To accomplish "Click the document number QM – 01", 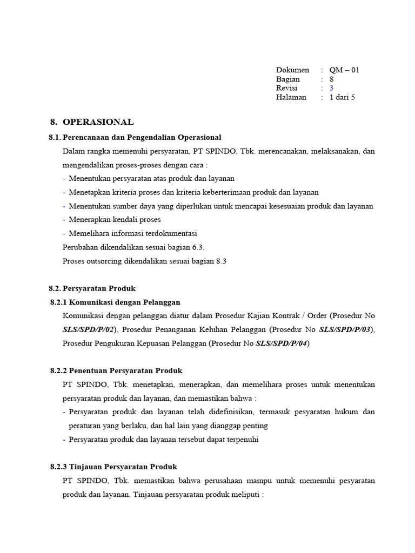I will [344, 70].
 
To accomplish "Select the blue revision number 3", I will [332, 88].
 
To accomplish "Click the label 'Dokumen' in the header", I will [292, 70].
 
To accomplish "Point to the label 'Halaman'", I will [291, 97].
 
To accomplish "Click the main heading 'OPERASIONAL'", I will [98, 122].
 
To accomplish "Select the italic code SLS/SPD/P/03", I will [345, 329].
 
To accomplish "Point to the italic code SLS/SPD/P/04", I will [282, 343].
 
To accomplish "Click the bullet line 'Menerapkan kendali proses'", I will [115, 220].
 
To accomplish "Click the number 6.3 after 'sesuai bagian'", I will [198, 247].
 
